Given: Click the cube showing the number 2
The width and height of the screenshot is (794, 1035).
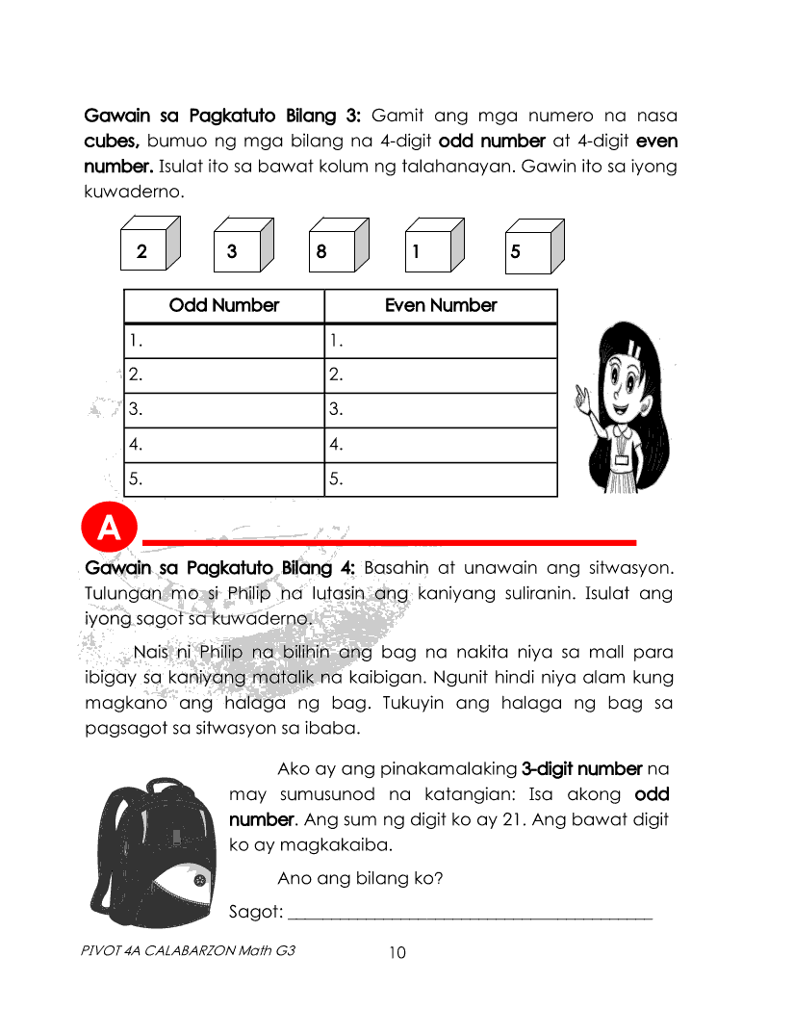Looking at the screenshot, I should pos(150,246).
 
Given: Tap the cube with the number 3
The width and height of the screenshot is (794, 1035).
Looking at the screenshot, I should pos(241,246).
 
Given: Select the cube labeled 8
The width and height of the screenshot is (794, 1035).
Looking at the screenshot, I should pos(337,246).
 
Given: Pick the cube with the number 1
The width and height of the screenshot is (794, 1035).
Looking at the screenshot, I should pos(432,246).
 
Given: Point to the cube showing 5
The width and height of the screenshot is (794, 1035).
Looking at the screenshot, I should pos(530,246).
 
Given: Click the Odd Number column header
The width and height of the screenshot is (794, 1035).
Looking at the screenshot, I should pos(224,306).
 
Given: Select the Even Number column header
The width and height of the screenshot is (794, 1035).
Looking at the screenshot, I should pos(441,306).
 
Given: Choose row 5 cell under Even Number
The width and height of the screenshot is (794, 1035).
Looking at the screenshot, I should pos(441,479).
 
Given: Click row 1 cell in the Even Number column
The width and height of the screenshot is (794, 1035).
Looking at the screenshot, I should pos(441,341).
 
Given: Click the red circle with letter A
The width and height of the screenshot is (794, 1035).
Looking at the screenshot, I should pos(110,528).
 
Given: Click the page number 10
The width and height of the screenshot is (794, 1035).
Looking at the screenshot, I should pos(397,953).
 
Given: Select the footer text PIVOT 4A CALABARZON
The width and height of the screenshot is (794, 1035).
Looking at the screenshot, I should pos(189,950).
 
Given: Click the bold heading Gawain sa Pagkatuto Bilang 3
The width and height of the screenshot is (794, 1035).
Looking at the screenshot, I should pos(222,116).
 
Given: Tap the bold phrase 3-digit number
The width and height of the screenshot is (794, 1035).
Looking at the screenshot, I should pos(581,769).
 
